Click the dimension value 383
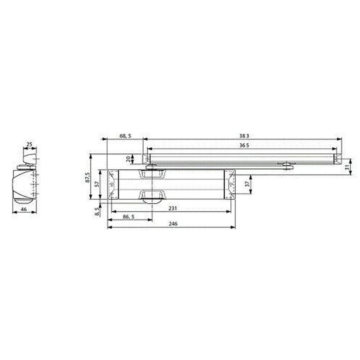pyautogui.click(x=244, y=136)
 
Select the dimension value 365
pyautogui.click(x=244, y=145)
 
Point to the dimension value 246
pyautogui.click(x=173, y=224)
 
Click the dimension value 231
pyautogui.click(x=173, y=208)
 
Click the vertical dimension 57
pyautogui.click(x=96, y=184)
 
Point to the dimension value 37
pyautogui.click(x=247, y=184)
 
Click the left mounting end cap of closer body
pyautogui.click(x=113, y=184)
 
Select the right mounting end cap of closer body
pyautogui.click(x=230, y=184)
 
